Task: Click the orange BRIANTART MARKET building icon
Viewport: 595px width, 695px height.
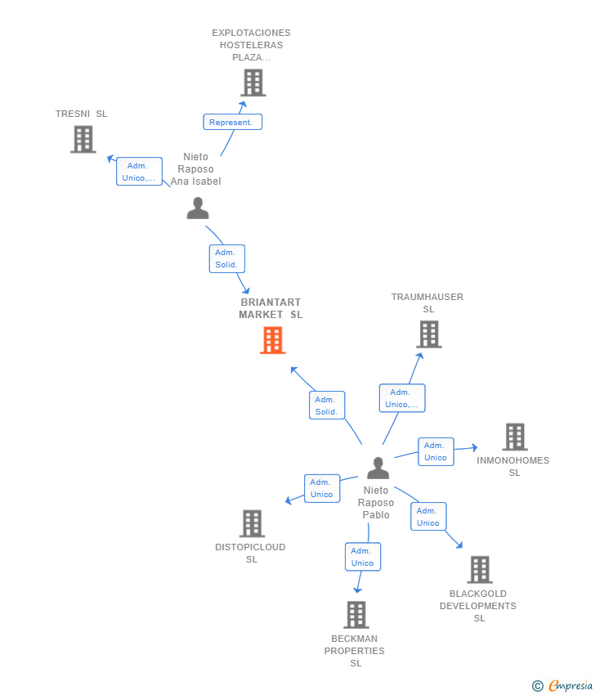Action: coord(272,340)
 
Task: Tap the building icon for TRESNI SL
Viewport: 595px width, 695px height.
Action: coord(83,139)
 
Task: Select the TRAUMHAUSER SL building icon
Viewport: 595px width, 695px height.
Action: coord(429,334)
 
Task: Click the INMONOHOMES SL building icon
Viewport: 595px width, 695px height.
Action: coord(515,437)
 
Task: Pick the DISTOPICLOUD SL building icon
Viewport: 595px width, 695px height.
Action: coord(252,523)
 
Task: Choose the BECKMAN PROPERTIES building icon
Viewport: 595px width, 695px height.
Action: coord(356,615)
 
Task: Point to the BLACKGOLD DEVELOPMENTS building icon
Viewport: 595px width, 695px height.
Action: coord(480,570)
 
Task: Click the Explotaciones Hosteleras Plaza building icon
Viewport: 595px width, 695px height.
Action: coord(253,83)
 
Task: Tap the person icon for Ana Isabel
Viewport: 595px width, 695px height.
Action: coord(198,208)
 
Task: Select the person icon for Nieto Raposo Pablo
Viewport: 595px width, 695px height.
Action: coord(378,468)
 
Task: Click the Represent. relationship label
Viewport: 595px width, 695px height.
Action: coord(233,122)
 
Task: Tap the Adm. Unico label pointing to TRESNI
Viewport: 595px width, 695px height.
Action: coord(139,172)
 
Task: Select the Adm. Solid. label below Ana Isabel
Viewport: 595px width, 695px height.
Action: coord(227,258)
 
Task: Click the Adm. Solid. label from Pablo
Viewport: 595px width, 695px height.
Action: coord(327,405)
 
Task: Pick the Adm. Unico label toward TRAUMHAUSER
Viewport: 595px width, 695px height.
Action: coord(402,398)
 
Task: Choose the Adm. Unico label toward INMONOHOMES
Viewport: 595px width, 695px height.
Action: coord(436,451)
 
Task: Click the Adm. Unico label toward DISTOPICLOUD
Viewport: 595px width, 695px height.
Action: coord(322,488)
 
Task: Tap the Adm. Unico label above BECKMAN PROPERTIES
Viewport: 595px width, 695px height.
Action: coord(363,557)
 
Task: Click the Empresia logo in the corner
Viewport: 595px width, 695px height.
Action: coord(562,686)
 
